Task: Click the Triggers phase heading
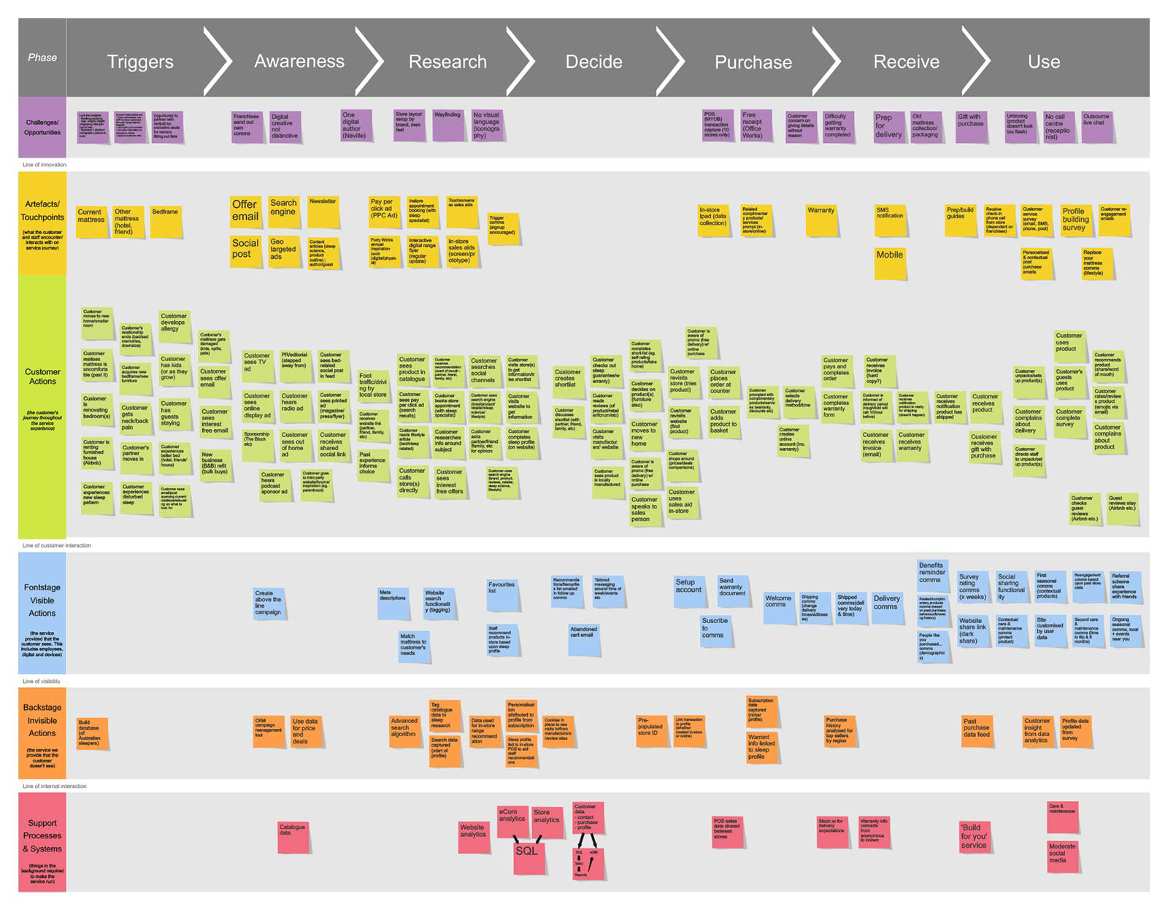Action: [140, 62]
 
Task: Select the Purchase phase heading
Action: [753, 63]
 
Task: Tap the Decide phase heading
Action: [593, 62]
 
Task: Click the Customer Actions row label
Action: [42, 376]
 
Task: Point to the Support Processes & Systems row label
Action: [42, 836]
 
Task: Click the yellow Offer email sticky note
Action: [245, 212]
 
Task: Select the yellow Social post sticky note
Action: [245, 250]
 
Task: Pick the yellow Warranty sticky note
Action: [821, 220]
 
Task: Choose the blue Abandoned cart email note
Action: [584, 638]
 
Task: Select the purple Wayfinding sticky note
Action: [447, 125]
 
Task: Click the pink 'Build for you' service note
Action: [974, 836]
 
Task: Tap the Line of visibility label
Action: [42, 681]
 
